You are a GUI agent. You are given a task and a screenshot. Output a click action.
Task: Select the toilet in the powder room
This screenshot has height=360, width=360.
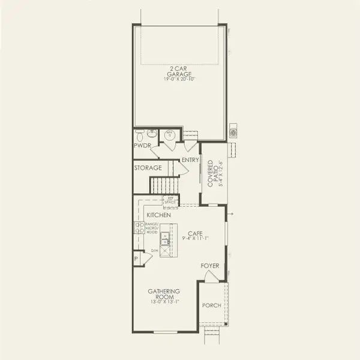pyautogui.click(x=140, y=134)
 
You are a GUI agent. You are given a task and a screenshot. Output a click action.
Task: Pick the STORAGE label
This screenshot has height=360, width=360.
pyautogui.click(x=148, y=168)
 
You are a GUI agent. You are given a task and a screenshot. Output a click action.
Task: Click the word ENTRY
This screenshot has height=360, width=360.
pyautogui.click(x=190, y=160)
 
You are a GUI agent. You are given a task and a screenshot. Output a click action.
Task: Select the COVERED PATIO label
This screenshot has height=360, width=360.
pyautogui.click(x=214, y=173)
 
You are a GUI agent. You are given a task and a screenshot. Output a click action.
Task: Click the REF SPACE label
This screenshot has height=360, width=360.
pyautogui.click(x=172, y=200)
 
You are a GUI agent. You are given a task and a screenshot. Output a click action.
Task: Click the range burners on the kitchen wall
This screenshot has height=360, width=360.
pyautogui.click(x=139, y=227)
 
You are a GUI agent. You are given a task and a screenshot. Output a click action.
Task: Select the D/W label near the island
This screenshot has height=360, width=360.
pyautogui.click(x=155, y=250)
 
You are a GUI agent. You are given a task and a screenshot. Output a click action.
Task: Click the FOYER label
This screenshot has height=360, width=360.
pyautogui.click(x=210, y=265)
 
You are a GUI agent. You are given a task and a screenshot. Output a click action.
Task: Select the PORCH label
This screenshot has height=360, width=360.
pyautogui.click(x=211, y=305)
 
